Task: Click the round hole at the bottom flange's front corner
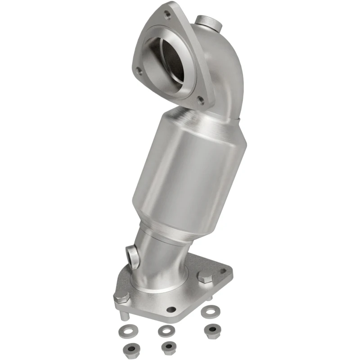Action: pos(171,310)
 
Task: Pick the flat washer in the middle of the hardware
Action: pos(166,331)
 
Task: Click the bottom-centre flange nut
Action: pos(169,347)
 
